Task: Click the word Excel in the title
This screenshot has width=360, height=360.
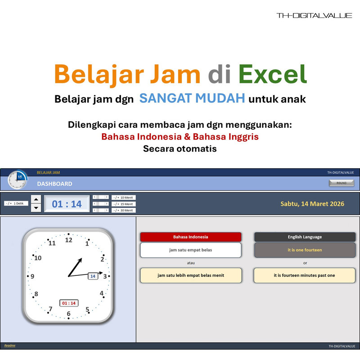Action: (272, 74)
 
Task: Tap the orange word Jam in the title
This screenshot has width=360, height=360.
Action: (172, 74)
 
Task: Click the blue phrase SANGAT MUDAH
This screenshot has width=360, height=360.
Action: (192, 98)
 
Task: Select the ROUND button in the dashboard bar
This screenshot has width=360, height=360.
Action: (342, 183)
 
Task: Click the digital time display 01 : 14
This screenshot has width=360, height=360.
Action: (67, 204)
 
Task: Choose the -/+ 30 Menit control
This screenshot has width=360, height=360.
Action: (123, 210)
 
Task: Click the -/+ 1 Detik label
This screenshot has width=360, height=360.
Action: (16, 203)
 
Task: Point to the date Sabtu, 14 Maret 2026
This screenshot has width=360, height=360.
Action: (312, 204)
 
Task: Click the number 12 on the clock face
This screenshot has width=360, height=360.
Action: (68, 240)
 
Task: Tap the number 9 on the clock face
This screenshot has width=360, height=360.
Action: (32, 276)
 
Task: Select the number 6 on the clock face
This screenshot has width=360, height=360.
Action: (68, 314)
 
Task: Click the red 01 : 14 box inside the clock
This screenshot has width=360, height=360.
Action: (69, 303)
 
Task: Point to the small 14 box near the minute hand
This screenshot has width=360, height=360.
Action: (93, 276)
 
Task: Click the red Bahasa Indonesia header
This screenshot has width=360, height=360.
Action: (191, 237)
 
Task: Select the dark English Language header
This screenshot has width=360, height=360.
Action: (305, 237)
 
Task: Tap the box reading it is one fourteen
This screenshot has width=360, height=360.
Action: (305, 250)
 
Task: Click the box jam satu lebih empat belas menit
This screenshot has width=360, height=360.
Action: (191, 275)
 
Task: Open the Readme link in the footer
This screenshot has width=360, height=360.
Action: (9, 346)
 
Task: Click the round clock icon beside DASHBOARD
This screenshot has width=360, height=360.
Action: (18, 180)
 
